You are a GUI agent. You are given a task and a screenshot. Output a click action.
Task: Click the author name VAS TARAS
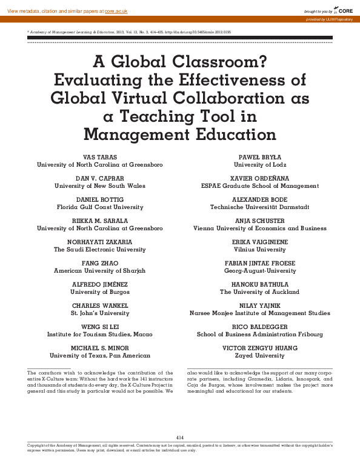[99, 157]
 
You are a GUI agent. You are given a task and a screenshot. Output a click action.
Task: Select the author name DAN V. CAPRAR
[99, 178]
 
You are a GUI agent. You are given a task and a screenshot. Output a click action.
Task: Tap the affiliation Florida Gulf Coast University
[99, 207]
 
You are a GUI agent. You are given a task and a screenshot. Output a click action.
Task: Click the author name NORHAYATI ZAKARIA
[99, 242]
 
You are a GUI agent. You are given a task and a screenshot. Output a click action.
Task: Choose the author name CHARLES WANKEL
[99, 305]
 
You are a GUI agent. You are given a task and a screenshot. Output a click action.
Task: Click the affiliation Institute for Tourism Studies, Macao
[99, 334]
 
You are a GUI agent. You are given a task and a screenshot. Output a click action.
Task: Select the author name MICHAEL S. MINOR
[99, 348]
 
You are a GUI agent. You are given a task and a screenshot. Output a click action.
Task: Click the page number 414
[179, 437]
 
